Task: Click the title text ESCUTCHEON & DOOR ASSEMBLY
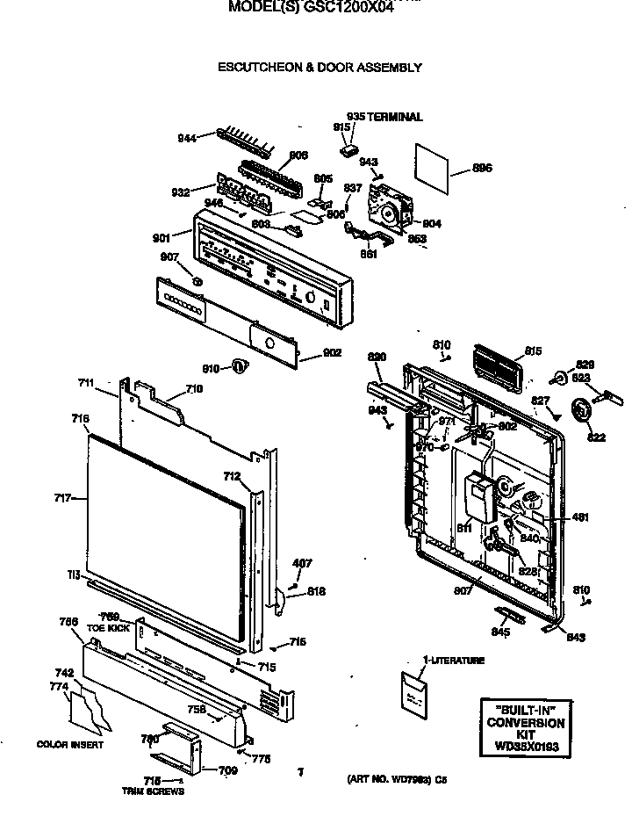320,67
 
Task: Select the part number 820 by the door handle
377,357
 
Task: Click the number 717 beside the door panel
61,498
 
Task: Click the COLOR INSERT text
70,745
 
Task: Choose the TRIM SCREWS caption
153,791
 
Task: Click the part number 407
302,563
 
